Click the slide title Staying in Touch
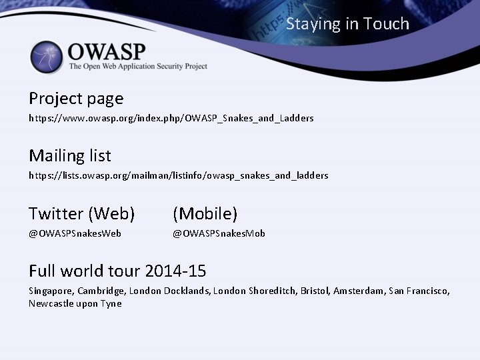tap(347, 24)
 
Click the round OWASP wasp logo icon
tap(47, 57)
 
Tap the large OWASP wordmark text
tap(107, 51)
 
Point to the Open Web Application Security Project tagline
tap(138, 67)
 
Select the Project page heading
tap(76, 99)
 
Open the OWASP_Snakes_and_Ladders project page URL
tap(171, 118)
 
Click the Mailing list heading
tap(70, 156)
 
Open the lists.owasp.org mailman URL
tap(178, 175)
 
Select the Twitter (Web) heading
tap(82, 213)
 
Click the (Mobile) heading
tap(205, 213)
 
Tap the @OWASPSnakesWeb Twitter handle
tap(75, 233)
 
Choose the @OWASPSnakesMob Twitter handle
tap(219, 233)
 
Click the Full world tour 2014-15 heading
tap(117, 271)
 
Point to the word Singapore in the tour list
tap(51, 291)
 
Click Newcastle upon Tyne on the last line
tap(75, 303)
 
